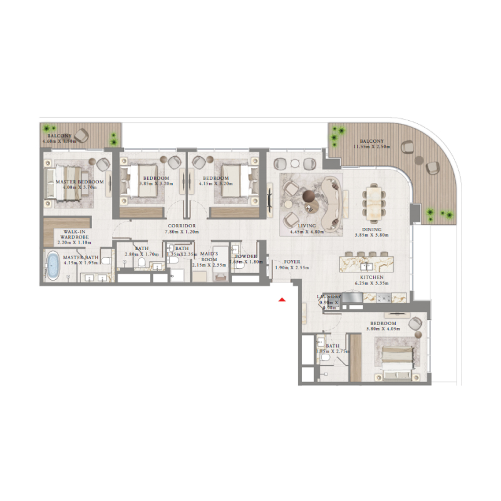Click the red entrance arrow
pyautogui.click(x=282, y=301)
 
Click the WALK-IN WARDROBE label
pyautogui.click(x=74, y=234)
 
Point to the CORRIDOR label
pyautogui.click(x=182, y=225)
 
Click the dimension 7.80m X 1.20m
pyautogui.click(x=182, y=232)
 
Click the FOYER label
pyautogui.click(x=292, y=262)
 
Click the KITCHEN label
pyautogui.click(x=372, y=276)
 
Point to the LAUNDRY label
pyautogui.click(x=329, y=296)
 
